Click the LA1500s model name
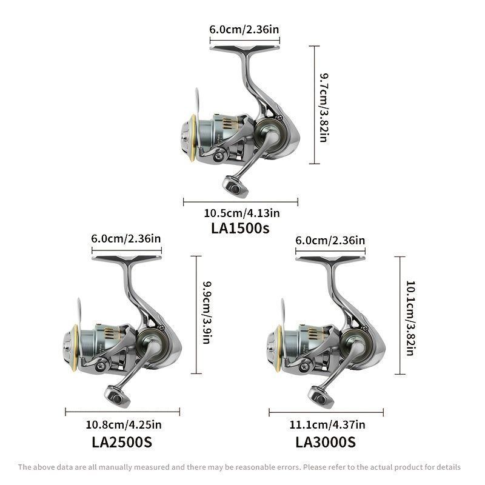240,229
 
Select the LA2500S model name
122,442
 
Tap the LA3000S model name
326,442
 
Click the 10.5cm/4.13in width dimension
241,213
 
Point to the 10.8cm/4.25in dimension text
124,425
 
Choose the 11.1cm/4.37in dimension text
327,425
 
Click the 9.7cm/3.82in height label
324,108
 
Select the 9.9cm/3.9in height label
207,312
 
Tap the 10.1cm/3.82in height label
410,318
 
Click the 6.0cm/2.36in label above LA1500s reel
244,30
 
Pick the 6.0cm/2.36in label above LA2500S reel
126,239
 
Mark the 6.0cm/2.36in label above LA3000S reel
330,241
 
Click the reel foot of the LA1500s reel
244,50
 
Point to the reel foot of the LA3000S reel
330,260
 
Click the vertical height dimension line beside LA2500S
196,315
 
